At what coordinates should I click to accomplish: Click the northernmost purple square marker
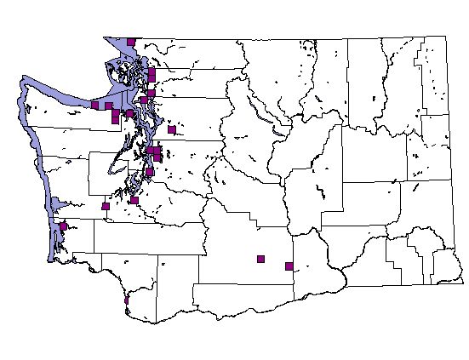pyautogui.click(x=130, y=41)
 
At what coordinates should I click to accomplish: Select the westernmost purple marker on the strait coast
pyautogui.click(x=94, y=105)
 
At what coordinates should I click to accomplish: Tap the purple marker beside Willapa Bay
pyautogui.click(x=63, y=226)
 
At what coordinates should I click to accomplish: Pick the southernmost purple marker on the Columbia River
pyautogui.click(x=127, y=300)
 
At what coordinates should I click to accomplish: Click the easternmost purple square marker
pyautogui.click(x=289, y=266)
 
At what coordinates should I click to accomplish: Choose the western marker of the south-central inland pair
pyautogui.click(x=260, y=259)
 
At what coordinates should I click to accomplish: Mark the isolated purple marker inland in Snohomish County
pyautogui.click(x=172, y=130)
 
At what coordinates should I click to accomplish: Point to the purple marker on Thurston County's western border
pyautogui.click(x=106, y=206)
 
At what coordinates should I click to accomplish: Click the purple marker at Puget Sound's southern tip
pyautogui.click(x=134, y=201)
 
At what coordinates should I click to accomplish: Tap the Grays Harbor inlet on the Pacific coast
pyautogui.click(x=56, y=205)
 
